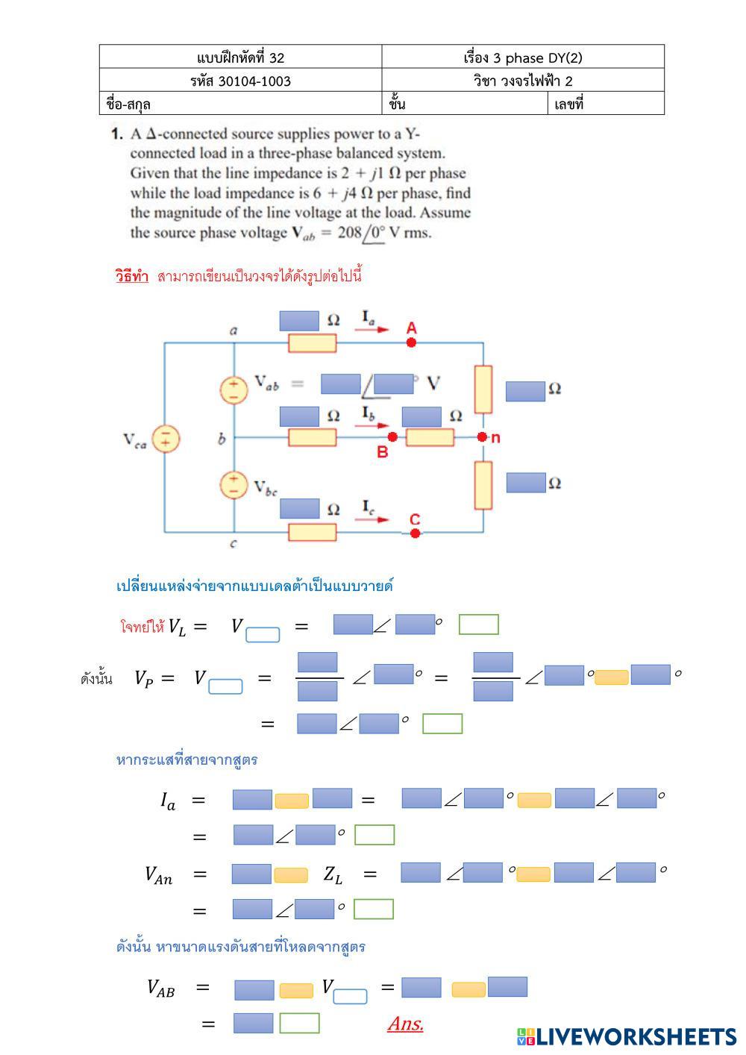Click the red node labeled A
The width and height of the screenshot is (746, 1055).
click(411, 342)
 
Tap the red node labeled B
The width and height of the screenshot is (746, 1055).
click(392, 436)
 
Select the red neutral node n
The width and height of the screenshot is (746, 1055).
click(482, 436)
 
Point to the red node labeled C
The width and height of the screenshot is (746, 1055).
click(415, 533)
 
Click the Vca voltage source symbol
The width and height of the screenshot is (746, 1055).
click(166, 439)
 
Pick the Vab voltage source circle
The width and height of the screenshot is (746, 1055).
click(233, 390)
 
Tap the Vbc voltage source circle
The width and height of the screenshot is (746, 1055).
click(233, 485)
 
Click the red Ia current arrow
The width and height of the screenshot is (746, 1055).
click(372, 329)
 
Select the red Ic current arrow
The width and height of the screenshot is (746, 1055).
click(372, 520)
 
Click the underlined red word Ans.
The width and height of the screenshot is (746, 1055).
click(405, 1024)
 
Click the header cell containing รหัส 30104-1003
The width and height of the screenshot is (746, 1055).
click(240, 81)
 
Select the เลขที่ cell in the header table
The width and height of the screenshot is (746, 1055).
click(606, 104)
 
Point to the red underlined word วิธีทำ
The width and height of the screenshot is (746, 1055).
click(132, 276)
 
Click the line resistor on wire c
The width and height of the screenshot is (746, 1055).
click(312, 532)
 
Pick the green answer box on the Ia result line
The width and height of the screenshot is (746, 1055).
click(374, 836)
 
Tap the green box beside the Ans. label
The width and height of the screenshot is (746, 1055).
click(299, 1023)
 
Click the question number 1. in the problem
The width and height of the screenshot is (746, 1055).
click(116, 134)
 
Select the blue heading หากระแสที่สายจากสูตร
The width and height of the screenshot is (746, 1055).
click(187, 760)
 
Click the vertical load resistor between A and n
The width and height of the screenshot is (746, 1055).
click(483, 389)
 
